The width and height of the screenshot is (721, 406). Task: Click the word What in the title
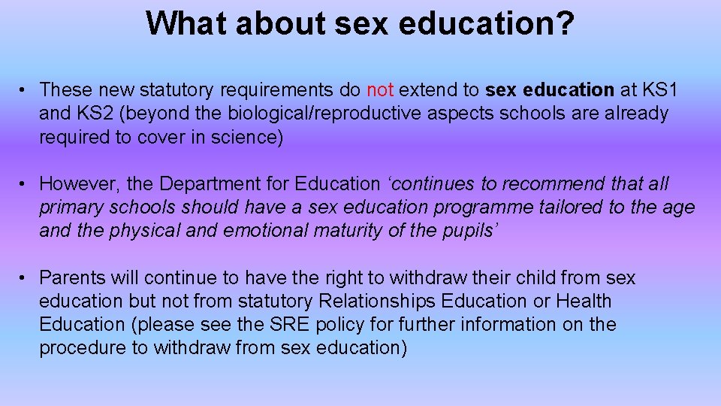point(187,23)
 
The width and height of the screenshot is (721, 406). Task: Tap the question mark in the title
point(564,23)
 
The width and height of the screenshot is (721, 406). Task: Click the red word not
point(380,90)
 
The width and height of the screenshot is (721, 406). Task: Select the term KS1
point(661,90)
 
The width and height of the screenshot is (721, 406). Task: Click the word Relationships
point(376,301)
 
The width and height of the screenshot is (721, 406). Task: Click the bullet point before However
point(24,184)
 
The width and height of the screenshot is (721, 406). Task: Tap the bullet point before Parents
point(24,278)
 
